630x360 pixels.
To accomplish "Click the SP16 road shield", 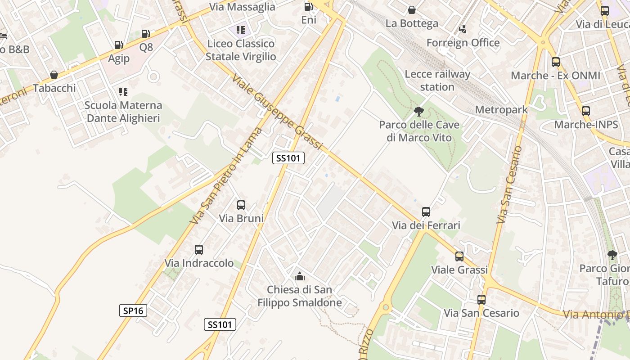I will coord(133,310).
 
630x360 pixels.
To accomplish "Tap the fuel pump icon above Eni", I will coord(309,7).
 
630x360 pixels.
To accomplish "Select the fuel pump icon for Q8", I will coord(145,34).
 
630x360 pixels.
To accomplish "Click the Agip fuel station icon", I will coord(118,45).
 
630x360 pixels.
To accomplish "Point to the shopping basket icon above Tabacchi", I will coord(54,75).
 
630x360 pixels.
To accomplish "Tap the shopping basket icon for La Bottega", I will coord(411,10).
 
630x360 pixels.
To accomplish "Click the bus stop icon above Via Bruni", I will coord(241,205).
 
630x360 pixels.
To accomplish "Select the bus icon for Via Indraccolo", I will coord(199,250).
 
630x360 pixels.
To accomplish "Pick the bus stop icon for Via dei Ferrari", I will coord(426,212).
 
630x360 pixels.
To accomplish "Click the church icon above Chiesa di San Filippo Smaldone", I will coord(299,276).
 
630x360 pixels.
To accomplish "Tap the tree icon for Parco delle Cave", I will coord(419,111).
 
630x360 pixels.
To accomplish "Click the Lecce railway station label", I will coord(437,81).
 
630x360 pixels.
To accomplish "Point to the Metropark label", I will coord(501,109).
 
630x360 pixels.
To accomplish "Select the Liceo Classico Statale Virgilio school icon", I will coord(241,30).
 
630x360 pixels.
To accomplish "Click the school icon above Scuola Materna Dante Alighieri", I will coord(123,92).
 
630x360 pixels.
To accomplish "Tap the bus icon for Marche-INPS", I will coord(586,111).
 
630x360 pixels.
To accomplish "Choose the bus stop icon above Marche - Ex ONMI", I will coord(556,62).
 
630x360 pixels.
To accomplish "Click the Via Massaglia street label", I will coord(243,7).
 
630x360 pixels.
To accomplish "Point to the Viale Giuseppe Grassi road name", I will coord(277,112).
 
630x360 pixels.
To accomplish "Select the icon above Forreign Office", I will coord(463,29).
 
